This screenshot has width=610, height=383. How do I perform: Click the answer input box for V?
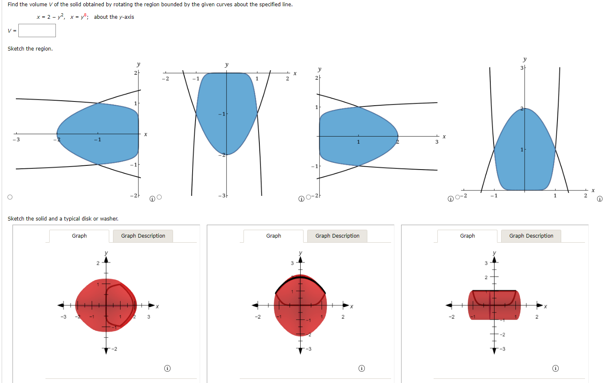[37, 30]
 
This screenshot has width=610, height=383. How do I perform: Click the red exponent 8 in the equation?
[85, 15]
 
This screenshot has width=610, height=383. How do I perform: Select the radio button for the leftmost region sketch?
[10, 197]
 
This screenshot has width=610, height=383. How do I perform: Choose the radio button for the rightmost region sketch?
[457, 197]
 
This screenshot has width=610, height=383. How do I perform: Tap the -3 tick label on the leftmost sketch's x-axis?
[16, 140]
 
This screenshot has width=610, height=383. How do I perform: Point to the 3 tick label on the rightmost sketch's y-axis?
[522, 68]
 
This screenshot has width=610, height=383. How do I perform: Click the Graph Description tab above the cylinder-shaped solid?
[531, 236]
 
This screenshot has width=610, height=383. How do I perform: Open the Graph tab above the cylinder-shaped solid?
[467, 236]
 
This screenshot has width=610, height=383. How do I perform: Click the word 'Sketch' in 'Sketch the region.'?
[16, 49]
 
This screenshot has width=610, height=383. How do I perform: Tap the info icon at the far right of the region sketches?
[600, 199]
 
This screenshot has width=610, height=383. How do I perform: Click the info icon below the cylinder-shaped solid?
[555, 368]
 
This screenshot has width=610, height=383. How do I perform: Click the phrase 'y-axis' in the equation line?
[126, 17]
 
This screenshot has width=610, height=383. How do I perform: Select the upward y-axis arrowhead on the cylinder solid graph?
[494, 260]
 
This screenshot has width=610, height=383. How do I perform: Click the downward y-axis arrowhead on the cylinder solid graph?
[494, 351]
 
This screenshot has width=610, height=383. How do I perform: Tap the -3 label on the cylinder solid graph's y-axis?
[502, 349]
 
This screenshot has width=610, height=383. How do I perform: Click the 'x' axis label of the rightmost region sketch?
[593, 190]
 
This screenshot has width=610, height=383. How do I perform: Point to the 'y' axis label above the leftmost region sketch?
[138, 64]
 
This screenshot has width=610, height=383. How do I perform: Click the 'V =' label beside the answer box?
[12, 30]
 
